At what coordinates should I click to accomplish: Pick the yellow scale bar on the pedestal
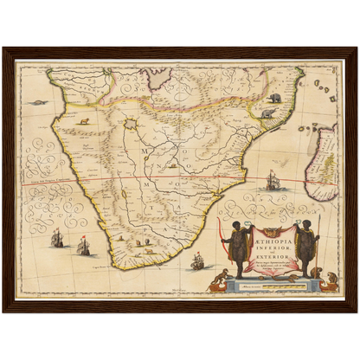(269, 282)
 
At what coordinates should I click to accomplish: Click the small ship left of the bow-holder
(196, 260)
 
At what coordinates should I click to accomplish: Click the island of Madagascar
(325, 160)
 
